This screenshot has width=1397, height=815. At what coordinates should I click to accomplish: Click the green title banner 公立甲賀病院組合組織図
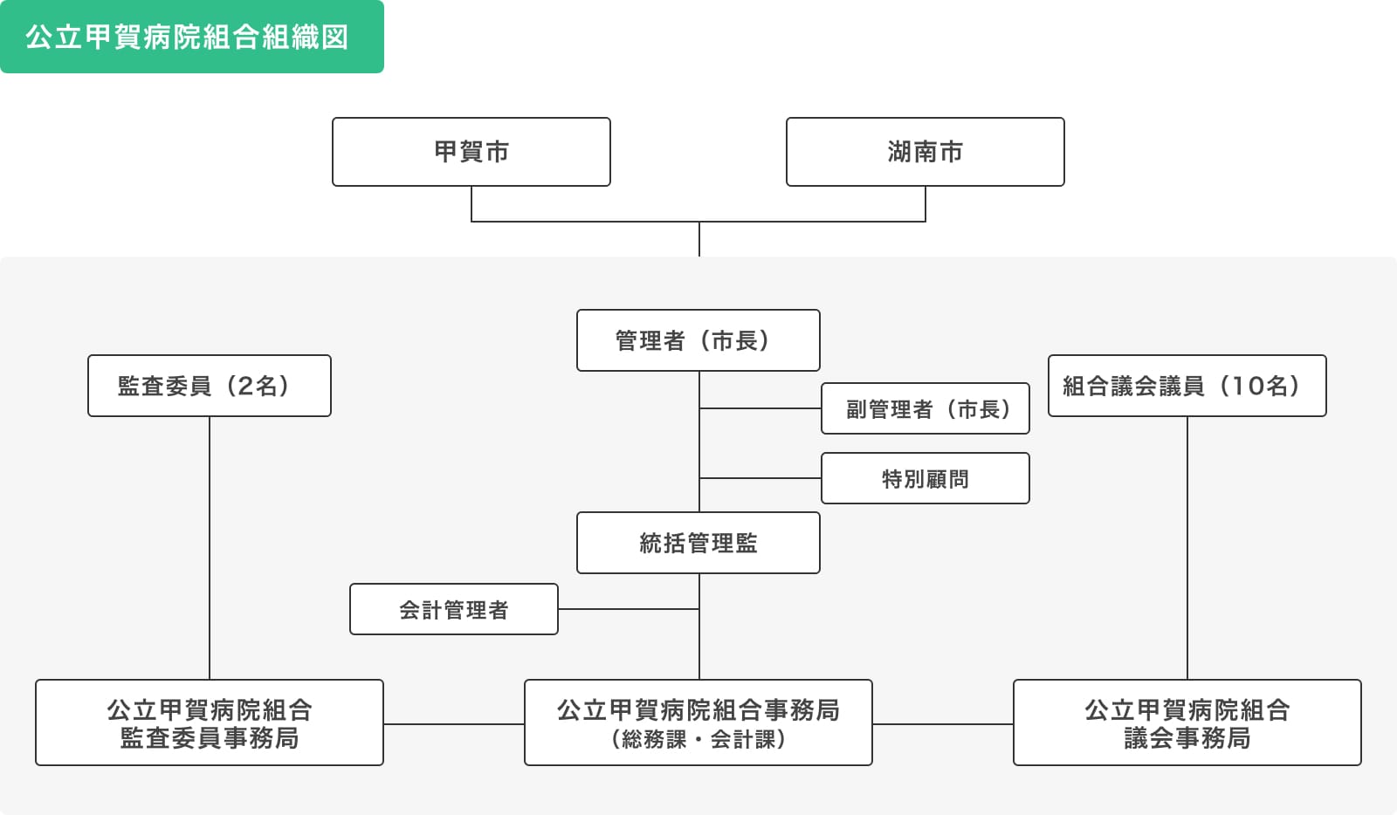(x=191, y=37)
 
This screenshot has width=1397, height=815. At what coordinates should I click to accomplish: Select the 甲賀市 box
(x=471, y=152)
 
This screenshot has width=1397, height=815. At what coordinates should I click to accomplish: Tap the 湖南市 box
(x=925, y=152)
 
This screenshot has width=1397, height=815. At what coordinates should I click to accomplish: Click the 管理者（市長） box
(x=698, y=340)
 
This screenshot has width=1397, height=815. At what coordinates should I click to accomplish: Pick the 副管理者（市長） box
(x=925, y=408)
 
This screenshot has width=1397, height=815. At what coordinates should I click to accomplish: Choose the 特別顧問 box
(x=925, y=478)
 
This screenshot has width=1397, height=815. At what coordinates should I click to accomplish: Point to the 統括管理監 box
(x=698, y=543)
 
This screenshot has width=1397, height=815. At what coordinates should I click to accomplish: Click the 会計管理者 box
(x=453, y=609)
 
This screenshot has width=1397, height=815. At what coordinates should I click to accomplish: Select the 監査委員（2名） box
(x=209, y=386)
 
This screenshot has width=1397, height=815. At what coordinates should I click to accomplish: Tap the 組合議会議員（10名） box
(x=1187, y=386)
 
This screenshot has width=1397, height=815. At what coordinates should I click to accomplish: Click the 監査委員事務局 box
(x=209, y=723)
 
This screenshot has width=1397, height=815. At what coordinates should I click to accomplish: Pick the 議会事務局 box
(x=1187, y=723)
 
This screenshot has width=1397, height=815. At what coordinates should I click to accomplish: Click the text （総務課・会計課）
(x=698, y=739)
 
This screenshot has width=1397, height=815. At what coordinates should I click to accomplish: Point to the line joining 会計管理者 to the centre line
(x=629, y=609)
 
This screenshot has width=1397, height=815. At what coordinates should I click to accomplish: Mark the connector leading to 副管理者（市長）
(x=760, y=408)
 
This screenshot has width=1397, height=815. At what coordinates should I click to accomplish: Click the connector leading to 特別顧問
(x=760, y=478)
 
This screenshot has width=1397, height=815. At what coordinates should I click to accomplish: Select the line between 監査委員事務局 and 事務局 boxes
(x=453, y=723)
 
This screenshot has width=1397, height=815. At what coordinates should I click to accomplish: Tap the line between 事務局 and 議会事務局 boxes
(x=942, y=723)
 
